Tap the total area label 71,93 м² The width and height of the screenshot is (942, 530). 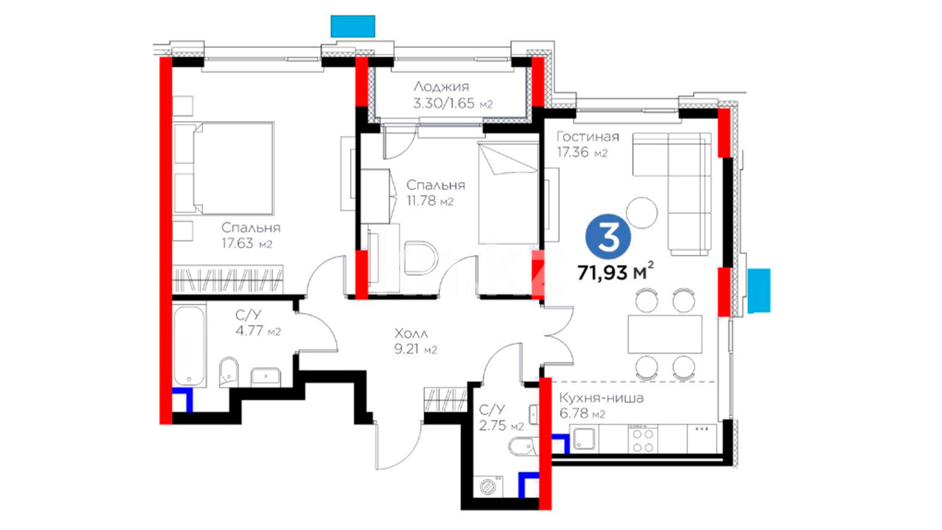615,271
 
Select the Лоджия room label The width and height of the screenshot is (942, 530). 441,87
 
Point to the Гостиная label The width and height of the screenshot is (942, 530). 588,136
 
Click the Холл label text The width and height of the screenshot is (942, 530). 411,334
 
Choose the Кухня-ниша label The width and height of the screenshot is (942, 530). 602,398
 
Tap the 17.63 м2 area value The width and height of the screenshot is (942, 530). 247,243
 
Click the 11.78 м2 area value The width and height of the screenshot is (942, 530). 430,201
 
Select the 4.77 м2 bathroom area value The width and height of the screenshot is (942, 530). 258,331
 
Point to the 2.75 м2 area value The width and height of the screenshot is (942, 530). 501,425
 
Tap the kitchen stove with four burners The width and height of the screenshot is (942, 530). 643,439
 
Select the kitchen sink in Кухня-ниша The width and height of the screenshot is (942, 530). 584,439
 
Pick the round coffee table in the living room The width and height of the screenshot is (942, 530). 642,212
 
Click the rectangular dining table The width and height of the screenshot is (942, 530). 665,334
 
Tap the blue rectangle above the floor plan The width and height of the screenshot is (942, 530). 353,26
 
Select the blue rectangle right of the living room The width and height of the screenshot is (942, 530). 759,291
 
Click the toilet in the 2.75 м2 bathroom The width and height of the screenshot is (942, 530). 523,447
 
